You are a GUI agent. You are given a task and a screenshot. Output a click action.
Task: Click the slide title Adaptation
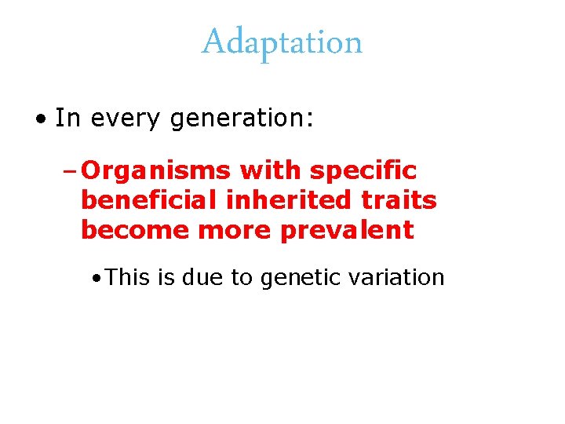click(x=282, y=42)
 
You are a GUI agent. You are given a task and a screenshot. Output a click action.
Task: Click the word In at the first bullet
click(x=68, y=119)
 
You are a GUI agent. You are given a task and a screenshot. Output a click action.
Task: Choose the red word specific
click(x=363, y=171)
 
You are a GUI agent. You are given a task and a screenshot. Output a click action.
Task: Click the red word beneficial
click(x=148, y=201)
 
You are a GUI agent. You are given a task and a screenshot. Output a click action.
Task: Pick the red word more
click(x=222, y=231)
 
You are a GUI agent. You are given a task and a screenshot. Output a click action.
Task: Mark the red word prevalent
click(x=340, y=231)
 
